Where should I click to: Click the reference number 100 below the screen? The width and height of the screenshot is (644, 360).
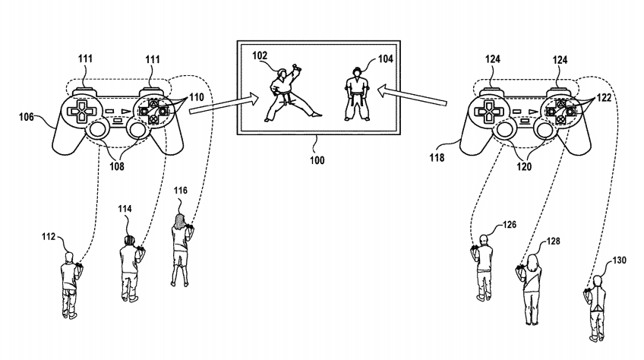pos(317,161)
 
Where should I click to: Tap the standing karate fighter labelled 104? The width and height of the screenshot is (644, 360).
pos(354,97)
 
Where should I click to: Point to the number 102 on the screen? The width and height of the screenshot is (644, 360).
pos(260,55)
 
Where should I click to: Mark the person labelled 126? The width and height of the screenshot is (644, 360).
pos(484,267)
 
